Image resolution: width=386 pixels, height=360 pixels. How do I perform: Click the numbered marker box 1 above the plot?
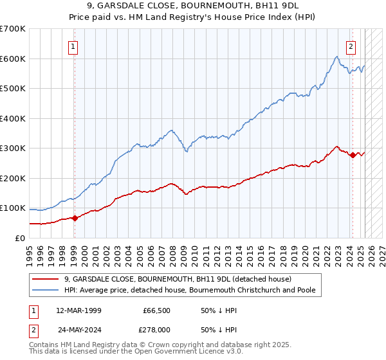pyautogui.click(x=74, y=46)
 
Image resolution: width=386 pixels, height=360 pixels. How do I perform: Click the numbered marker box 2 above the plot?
pyautogui.click(x=351, y=46)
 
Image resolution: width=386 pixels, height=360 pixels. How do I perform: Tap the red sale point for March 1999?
pyautogui.click(x=75, y=218)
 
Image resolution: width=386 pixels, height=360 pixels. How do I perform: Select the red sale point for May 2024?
pyautogui.click(x=353, y=155)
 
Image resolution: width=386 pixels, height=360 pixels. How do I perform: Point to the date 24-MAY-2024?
pyautogui.click(x=78, y=329)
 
